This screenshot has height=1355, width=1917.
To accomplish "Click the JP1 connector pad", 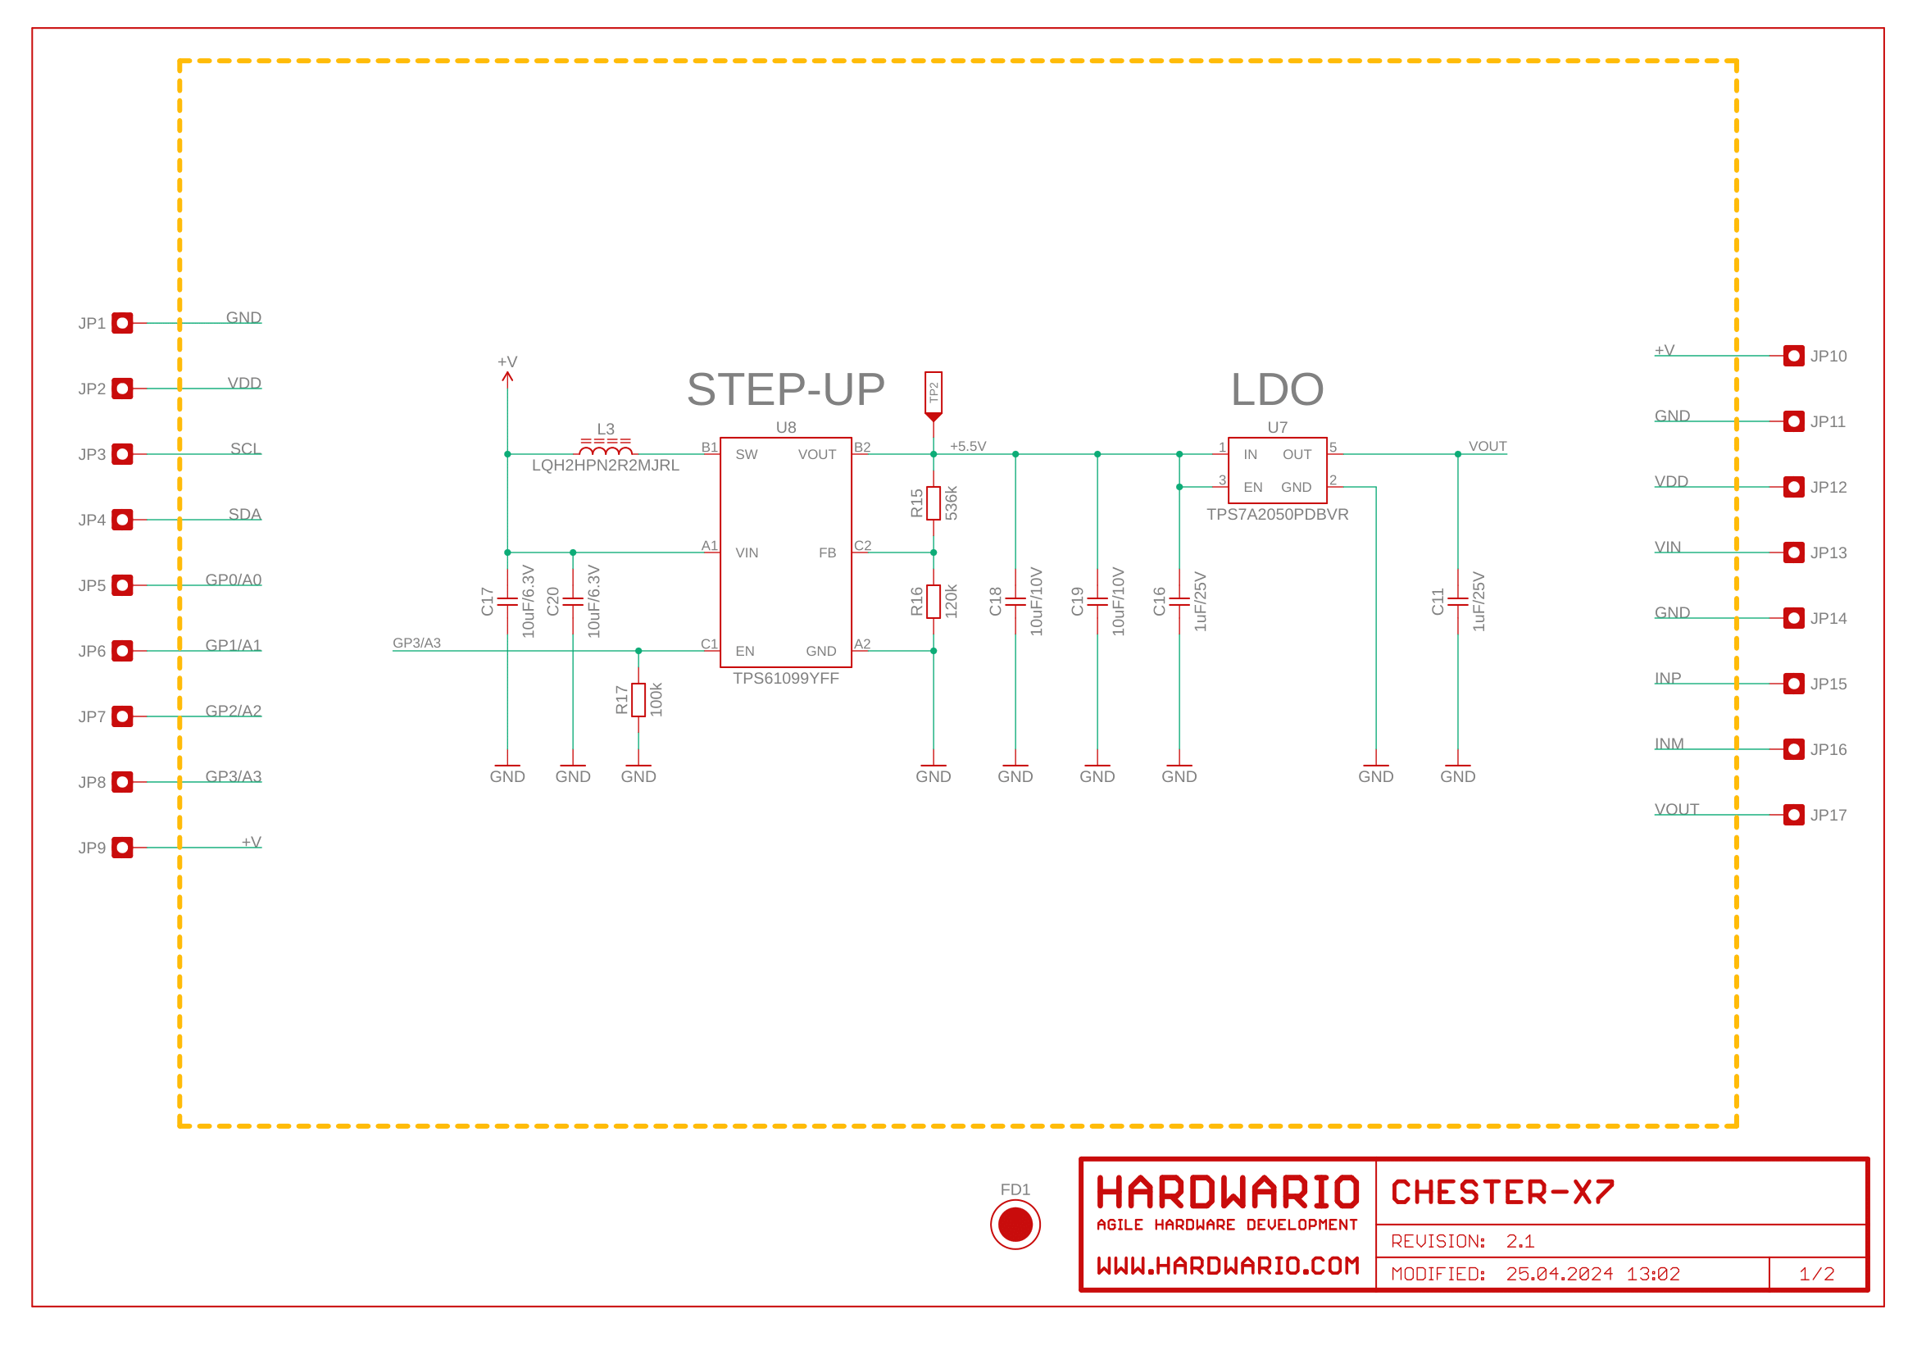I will [122, 323].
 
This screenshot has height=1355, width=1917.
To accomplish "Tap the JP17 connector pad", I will [1792, 814].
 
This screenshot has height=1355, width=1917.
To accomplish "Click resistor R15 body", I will [934, 503].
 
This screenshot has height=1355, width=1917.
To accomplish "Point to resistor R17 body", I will [638, 699].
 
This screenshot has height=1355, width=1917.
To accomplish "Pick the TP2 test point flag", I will [934, 394].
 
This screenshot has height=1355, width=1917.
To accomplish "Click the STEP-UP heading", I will [785, 390].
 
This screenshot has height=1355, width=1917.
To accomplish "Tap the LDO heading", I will [1277, 390].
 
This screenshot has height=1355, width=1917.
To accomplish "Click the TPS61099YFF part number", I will [785, 679].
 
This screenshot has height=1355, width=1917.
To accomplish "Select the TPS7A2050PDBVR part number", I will [1277, 515].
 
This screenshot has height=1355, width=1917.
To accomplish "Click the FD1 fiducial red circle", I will [1015, 1224].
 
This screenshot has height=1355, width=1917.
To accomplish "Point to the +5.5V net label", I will [968, 447].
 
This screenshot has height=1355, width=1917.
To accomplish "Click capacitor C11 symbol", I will [1457, 601].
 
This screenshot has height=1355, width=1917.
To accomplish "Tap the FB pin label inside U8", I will [827, 552].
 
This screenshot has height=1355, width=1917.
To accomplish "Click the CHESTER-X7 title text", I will [1502, 1192].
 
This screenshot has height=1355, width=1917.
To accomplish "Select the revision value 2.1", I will [1520, 1241].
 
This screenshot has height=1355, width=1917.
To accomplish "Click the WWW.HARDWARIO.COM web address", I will [1228, 1266].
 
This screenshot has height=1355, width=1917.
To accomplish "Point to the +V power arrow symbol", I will [507, 377].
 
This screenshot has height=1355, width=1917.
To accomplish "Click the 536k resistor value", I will [951, 503].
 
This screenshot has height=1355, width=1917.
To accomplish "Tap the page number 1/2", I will [1816, 1274].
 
